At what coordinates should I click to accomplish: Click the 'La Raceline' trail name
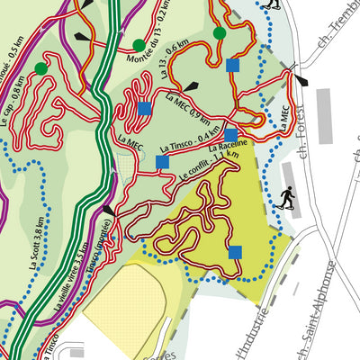coord(228,146)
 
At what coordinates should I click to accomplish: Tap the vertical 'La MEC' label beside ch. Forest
coord(284,121)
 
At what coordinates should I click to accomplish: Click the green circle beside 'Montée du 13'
coord(139,45)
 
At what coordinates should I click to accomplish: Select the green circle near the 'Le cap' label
coord(41,68)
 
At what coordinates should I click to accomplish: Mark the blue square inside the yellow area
coord(235,252)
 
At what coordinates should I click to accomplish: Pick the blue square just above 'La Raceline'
coord(230,135)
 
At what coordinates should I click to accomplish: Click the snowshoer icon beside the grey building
coord(287,197)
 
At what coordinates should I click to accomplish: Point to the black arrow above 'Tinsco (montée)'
coord(108,210)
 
